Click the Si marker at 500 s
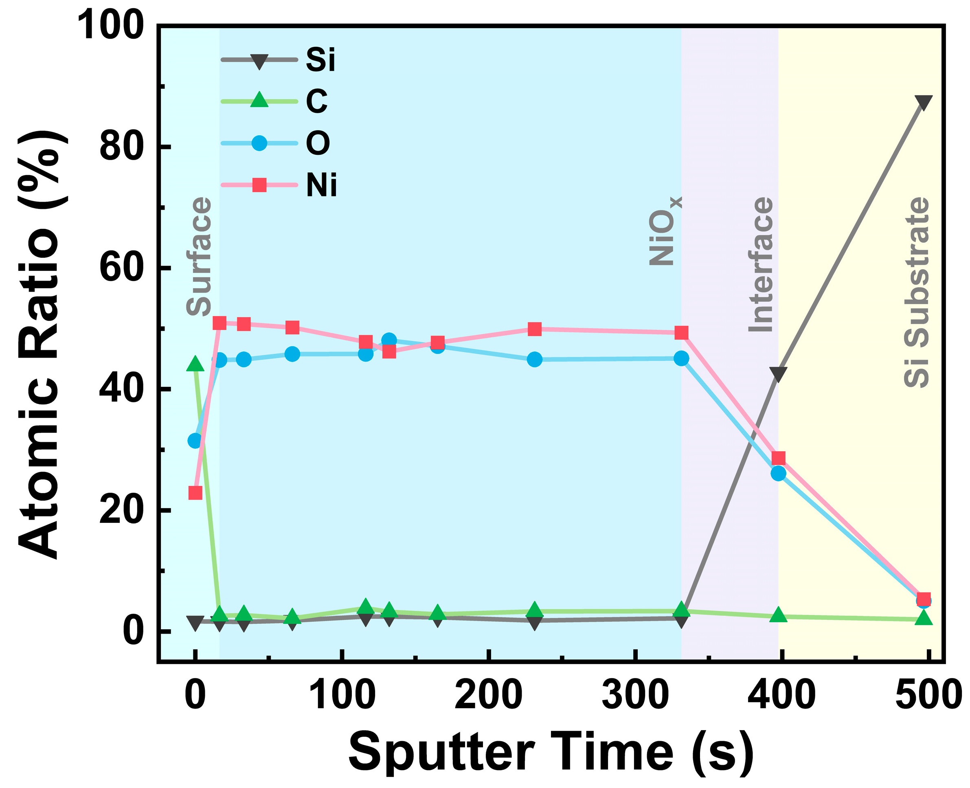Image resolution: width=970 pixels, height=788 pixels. (923, 102)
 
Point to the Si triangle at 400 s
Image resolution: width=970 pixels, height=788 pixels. (778, 374)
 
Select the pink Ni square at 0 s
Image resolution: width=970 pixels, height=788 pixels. (195, 492)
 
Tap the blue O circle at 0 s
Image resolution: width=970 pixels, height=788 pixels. (195, 440)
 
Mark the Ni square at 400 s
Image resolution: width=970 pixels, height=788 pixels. (779, 458)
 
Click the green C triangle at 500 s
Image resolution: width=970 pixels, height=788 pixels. (923, 618)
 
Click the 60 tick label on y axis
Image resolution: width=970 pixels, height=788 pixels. (121, 268)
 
